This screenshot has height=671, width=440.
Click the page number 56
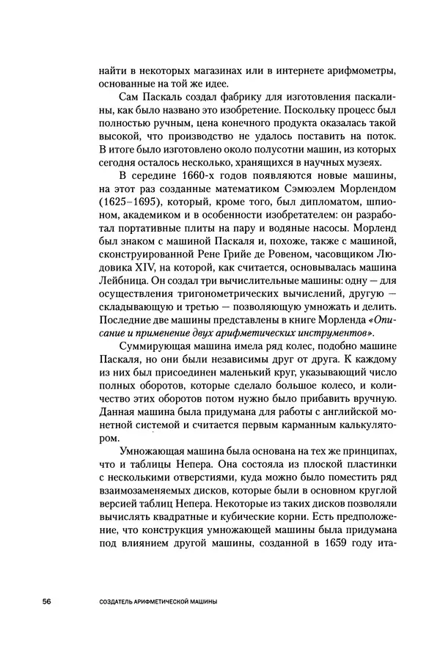click(45, 602)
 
